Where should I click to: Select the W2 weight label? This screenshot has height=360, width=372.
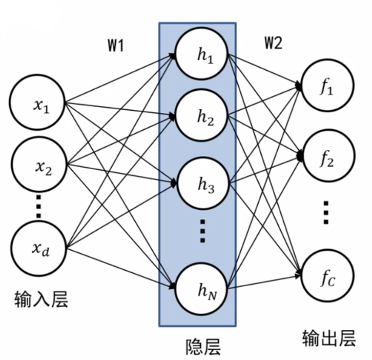(x=273, y=44)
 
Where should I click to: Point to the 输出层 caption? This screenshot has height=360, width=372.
(x=328, y=337)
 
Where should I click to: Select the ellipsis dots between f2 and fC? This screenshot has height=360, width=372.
(x=327, y=211)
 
